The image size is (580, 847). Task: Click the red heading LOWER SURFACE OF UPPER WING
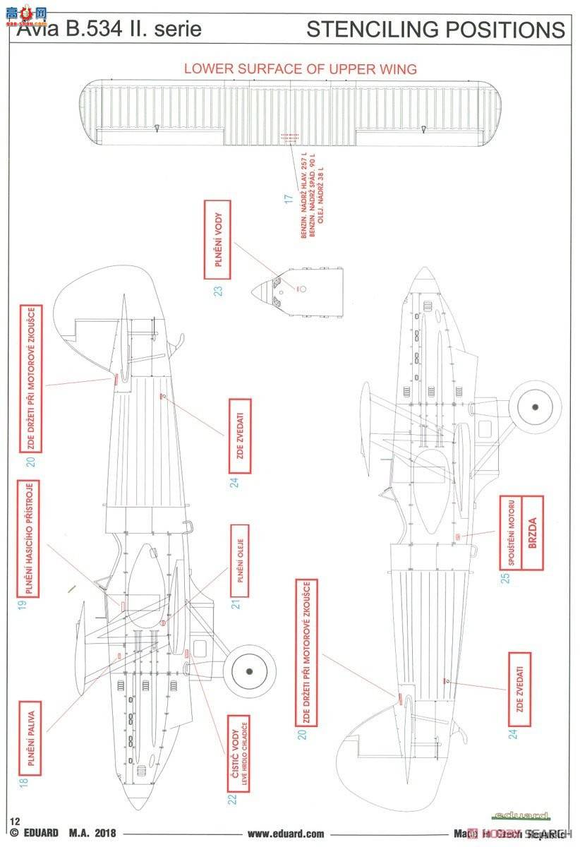coord(300,68)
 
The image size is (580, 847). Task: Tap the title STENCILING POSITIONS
coord(435,30)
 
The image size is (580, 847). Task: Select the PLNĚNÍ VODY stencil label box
coord(217,238)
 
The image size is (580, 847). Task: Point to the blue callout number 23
coord(218,290)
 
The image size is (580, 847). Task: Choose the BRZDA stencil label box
coord(532,527)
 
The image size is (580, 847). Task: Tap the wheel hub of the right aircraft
coord(534,407)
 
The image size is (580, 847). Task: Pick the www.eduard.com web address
coord(286,834)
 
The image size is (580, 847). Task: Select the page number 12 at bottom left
coord(14,820)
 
